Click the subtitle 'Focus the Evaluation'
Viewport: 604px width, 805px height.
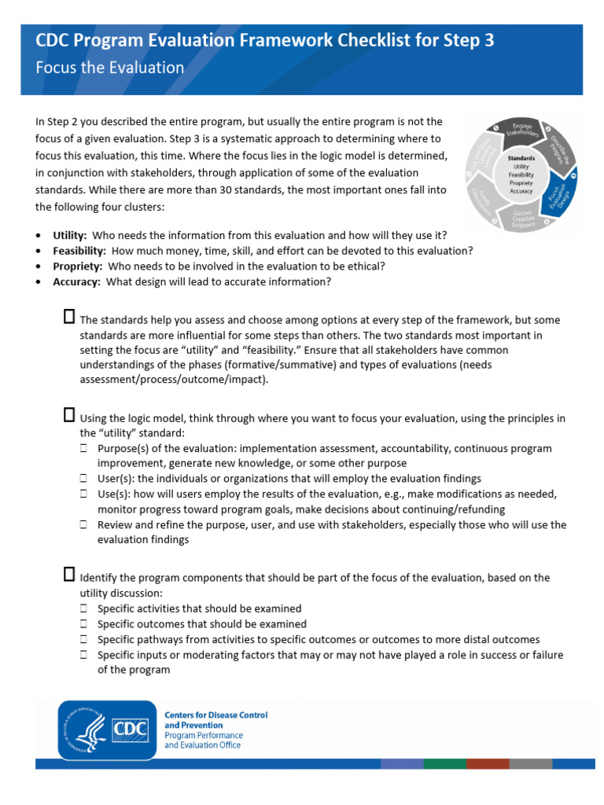pyautogui.click(x=110, y=68)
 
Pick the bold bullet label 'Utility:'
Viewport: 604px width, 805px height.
pyautogui.click(x=70, y=235)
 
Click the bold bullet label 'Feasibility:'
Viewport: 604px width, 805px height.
pyautogui.click(x=79, y=251)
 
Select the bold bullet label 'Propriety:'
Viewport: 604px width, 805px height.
pyautogui.click(x=78, y=266)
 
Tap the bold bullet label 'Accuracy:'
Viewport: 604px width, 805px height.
pyautogui.click(x=76, y=282)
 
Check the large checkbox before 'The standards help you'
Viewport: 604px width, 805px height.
pyautogui.click(x=68, y=317)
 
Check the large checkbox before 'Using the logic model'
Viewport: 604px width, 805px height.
pyautogui.click(x=68, y=416)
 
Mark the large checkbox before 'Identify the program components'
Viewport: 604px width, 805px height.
pyautogui.click(x=68, y=575)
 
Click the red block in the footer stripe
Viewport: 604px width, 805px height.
pyautogui.click(x=487, y=763)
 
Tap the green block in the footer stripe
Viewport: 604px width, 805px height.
pyautogui.click(x=444, y=763)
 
